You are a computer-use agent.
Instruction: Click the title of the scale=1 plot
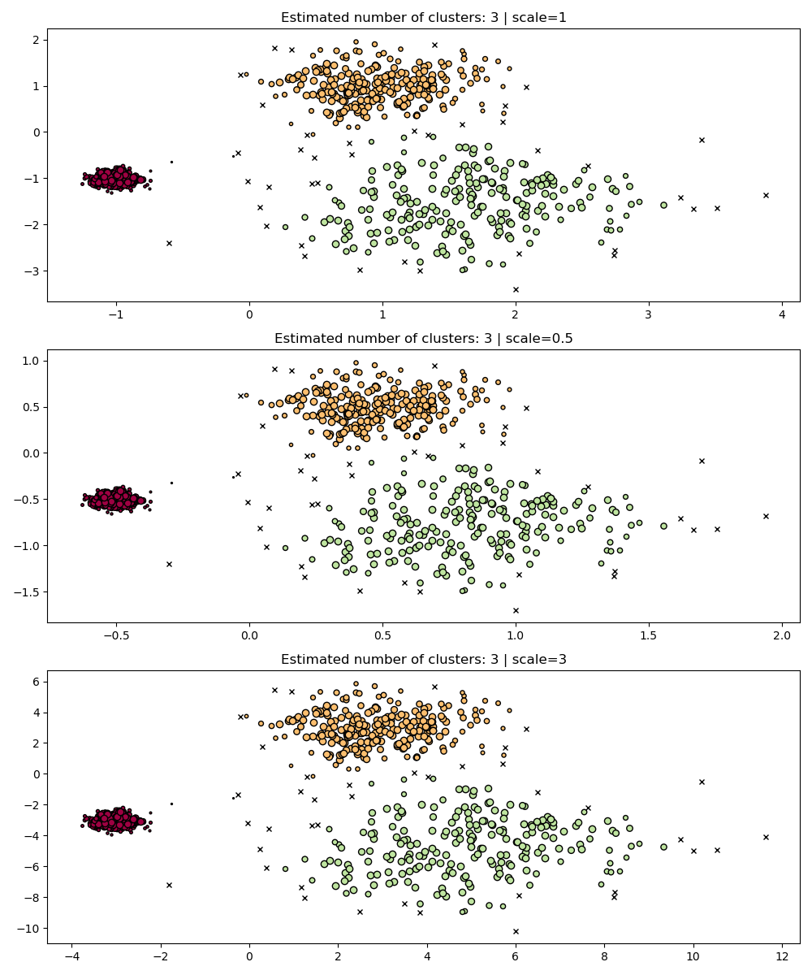tap(422, 17)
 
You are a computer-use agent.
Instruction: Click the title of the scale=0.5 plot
tap(422, 338)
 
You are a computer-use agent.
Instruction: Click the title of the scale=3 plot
tap(422, 659)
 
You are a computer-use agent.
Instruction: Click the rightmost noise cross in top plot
tap(766, 195)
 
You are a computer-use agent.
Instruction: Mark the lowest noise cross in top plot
tap(516, 289)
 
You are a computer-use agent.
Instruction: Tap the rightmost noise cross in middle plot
tap(766, 516)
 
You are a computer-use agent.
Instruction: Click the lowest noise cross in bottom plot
tap(516, 931)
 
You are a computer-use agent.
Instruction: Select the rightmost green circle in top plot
tap(663, 205)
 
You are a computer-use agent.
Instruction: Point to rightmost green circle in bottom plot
tap(663, 847)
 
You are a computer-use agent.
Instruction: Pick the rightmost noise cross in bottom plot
tap(766, 837)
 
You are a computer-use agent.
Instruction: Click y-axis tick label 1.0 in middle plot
tap(31, 360)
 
